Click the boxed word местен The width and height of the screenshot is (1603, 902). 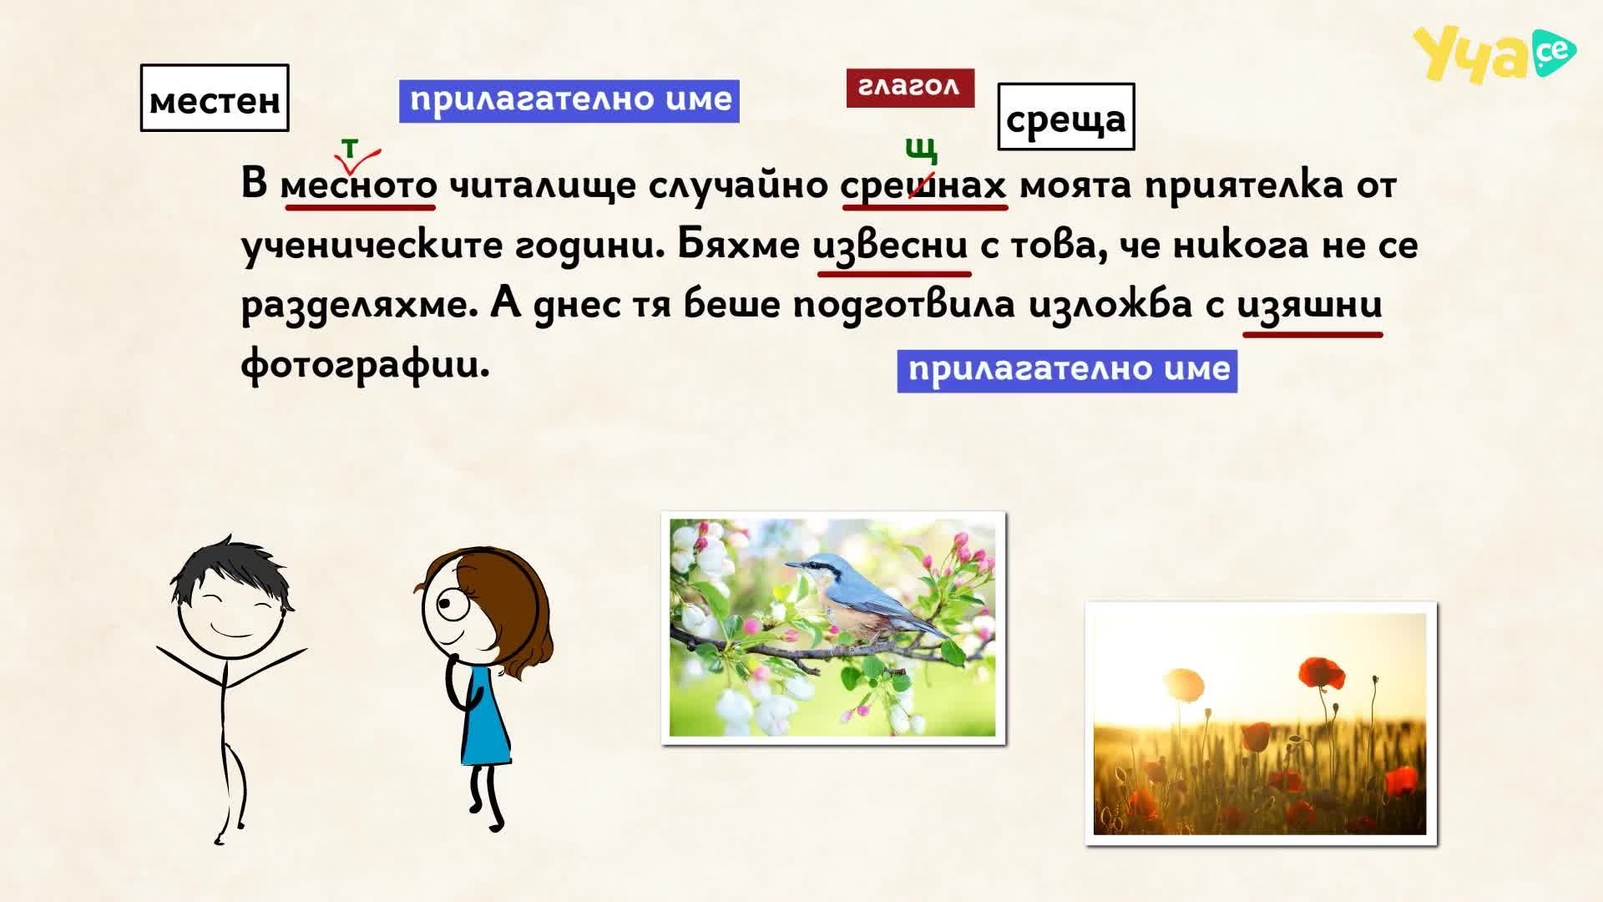click(215, 99)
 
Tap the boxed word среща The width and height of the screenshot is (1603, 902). click(1066, 117)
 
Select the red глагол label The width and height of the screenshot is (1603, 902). click(910, 88)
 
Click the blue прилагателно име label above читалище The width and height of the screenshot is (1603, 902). click(569, 101)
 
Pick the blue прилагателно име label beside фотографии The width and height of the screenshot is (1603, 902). click(1067, 371)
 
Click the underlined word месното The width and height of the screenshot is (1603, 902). click(358, 185)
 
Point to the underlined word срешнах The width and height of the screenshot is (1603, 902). click(923, 185)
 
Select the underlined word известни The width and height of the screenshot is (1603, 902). click(891, 245)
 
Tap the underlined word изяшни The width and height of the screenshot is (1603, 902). click(1310, 304)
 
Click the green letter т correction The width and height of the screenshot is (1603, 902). click(350, 148)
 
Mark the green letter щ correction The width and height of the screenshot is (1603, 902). click(921, 150)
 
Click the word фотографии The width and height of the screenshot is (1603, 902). click(365, 365)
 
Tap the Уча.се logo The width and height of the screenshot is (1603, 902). click(1494, 54)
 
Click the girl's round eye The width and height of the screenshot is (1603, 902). click(453, 605)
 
